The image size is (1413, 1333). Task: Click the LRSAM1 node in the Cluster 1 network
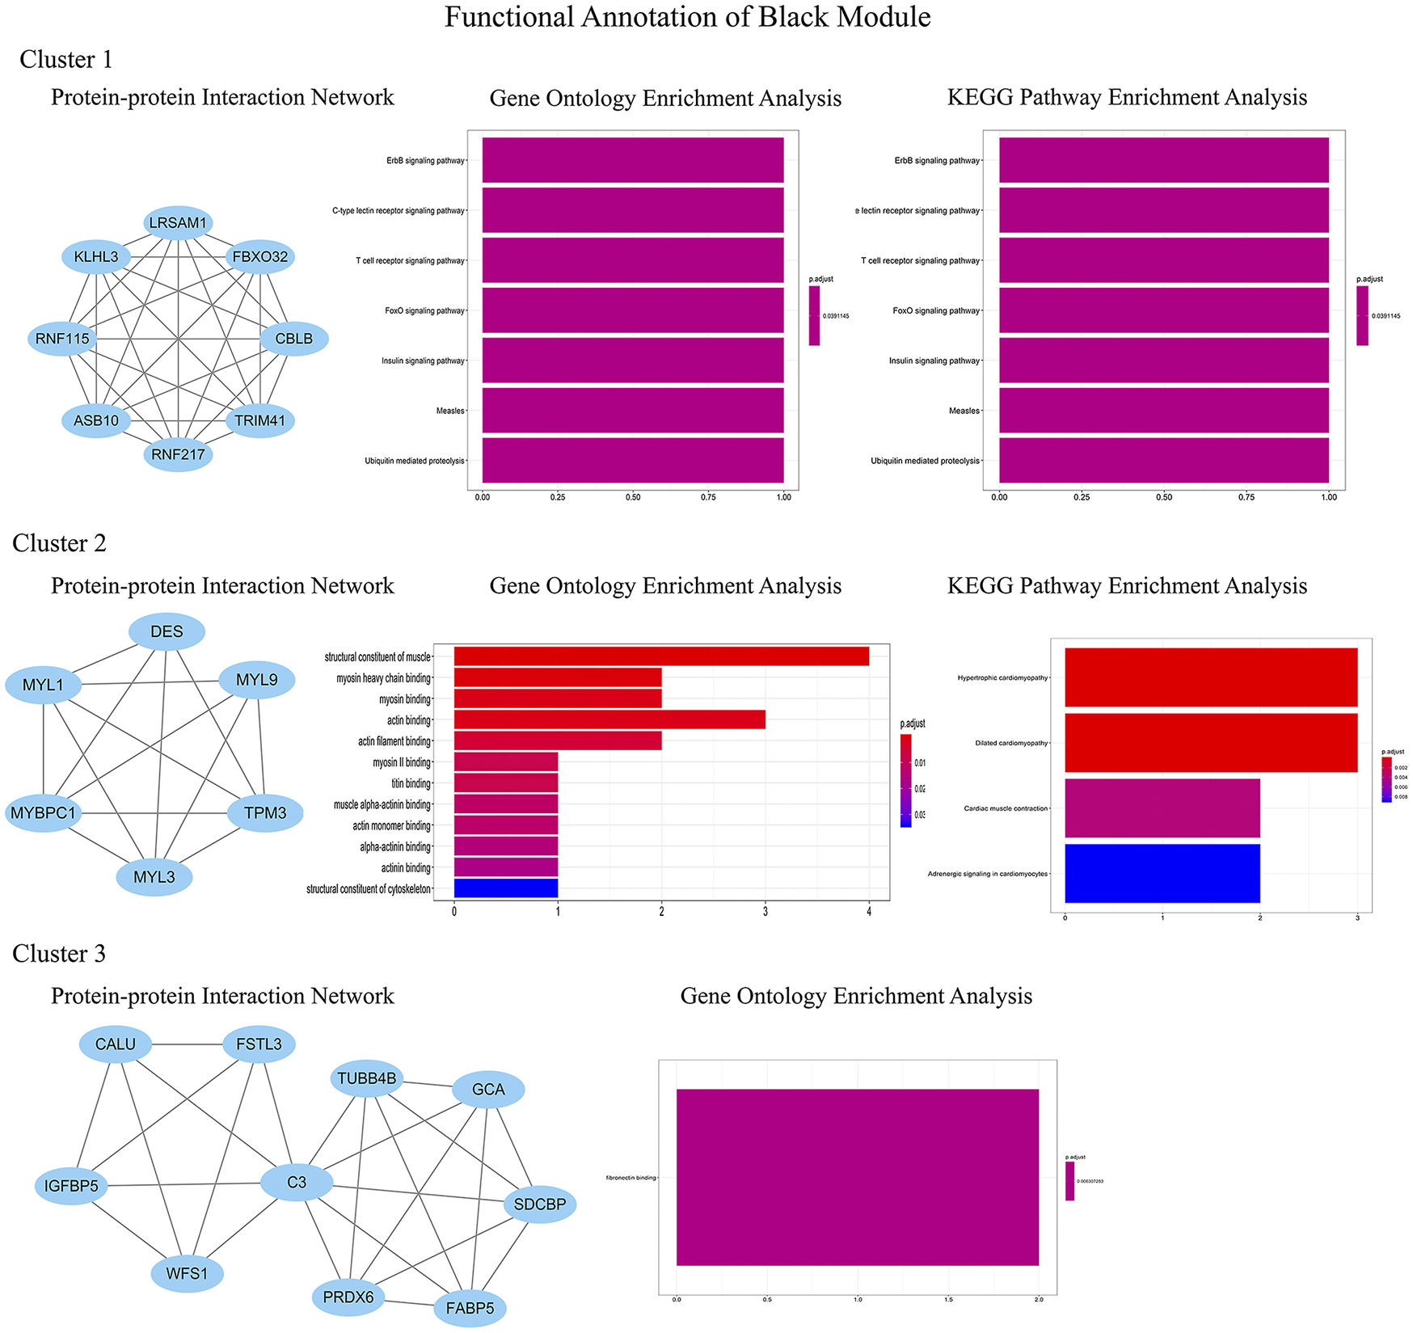point(179,222)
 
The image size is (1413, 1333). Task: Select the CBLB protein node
point(294,339)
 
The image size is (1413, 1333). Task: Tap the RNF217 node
point(179,454)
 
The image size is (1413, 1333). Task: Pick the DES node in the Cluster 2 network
point(167,631)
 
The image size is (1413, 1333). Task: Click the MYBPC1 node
point(44,813)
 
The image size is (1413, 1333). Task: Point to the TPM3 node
point(265,813)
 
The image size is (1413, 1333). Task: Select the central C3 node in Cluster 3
point(297,1183)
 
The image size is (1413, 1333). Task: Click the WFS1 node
point(188,1274)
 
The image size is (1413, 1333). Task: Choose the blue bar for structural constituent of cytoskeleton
point(506,888)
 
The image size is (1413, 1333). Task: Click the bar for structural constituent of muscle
point(661,656)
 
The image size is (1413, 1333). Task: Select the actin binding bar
point(609,719)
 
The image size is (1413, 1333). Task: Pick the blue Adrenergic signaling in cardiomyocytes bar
point(1162,873)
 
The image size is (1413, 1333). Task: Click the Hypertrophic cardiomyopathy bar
point(1211,677)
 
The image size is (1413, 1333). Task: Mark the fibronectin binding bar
point(857,1177)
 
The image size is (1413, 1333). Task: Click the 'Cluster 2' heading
point(59,543)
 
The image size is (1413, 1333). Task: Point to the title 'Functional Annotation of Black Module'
point(687,17)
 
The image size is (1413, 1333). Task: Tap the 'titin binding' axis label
point(411,783)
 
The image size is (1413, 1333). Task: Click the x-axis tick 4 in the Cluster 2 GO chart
point(869,912)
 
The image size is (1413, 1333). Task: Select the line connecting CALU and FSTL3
point(188,1044)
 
